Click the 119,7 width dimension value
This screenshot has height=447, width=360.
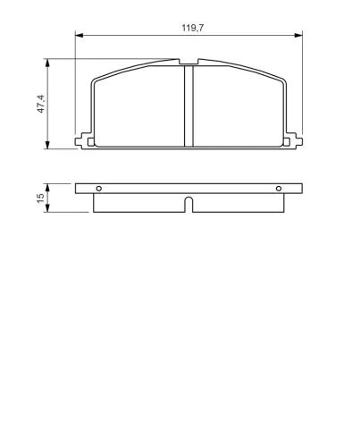click(x=188, y=29)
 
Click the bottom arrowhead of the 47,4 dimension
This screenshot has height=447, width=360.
click(x=47, y=145)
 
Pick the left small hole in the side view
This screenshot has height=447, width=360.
click(x=99, y=188)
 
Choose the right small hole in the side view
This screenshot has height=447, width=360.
click(x=279, y=188)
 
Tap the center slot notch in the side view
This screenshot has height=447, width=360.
click(x=188, y=205)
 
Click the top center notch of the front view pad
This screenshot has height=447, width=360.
click(x=188, y=63)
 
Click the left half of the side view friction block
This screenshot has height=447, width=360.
click(x=138, y=203)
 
